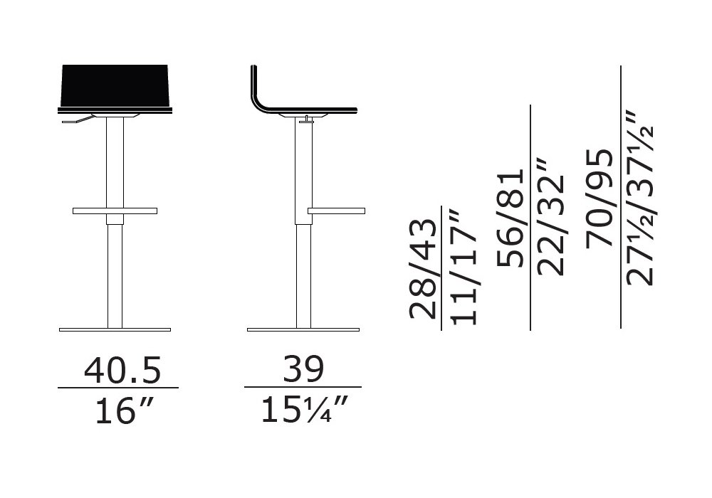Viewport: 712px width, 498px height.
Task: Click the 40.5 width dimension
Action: click(x=122, y=370)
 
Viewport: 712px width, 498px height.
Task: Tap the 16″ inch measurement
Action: click(x=123, y=410)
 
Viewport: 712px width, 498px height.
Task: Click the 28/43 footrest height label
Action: click(x=423, y=269)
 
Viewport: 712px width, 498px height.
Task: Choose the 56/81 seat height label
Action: click(x=511, y=218)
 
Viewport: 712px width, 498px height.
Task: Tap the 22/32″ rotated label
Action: click(x=550, y=218)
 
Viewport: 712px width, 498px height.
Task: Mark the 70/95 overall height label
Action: click(x=600, y=198)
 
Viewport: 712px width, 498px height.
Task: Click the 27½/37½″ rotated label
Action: click(x=639, y=198)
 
